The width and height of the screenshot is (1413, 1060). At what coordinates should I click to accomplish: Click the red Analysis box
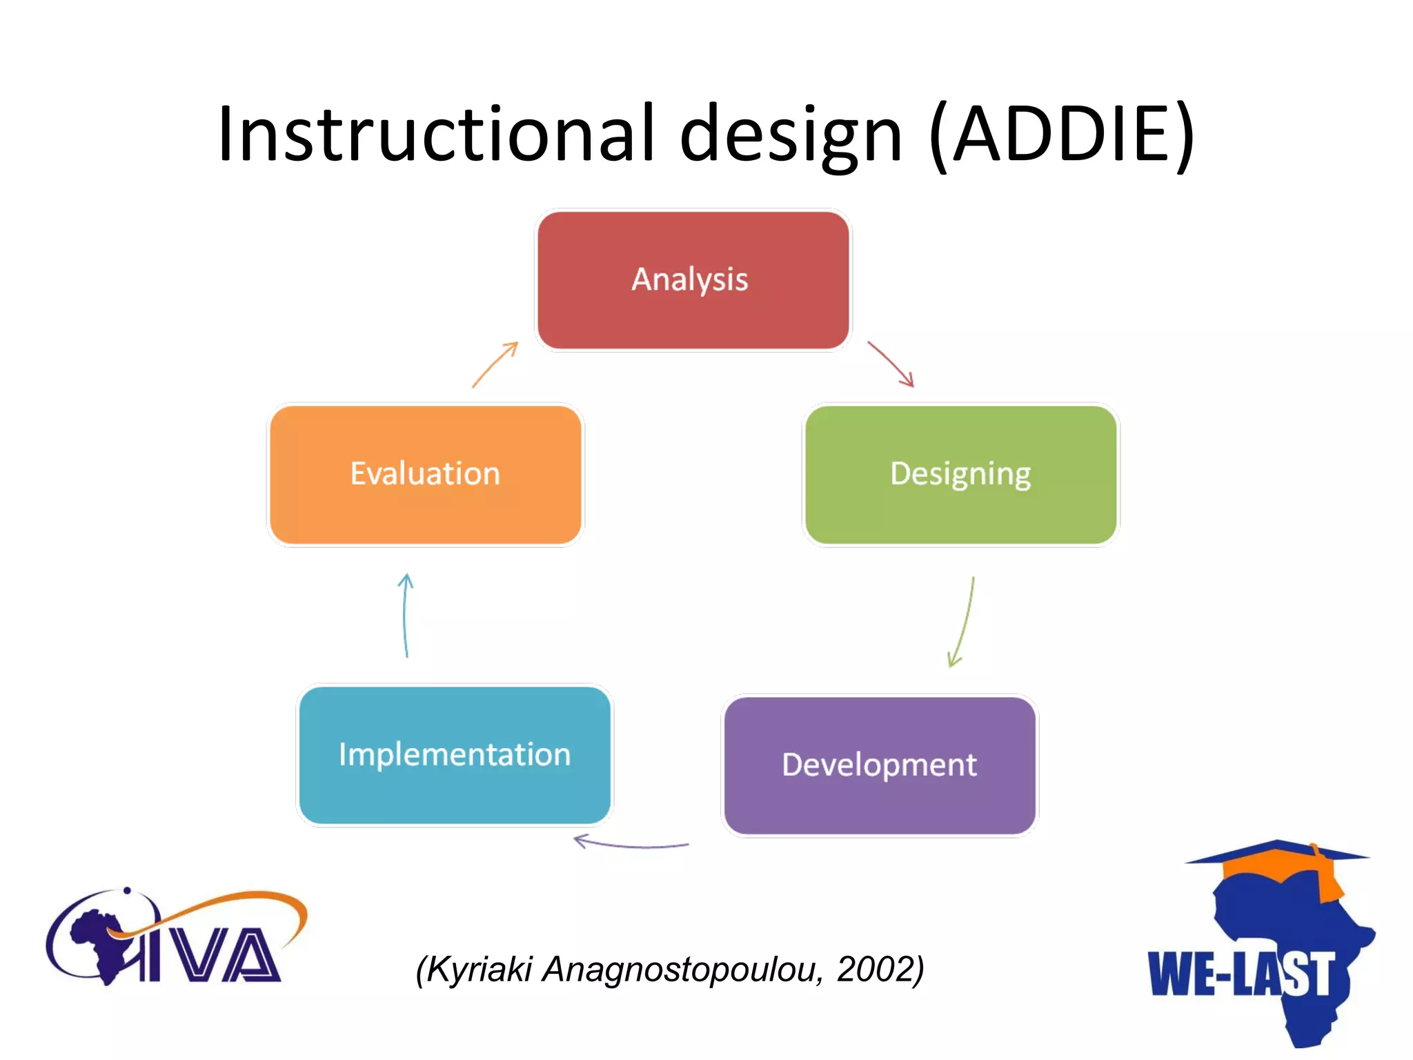pyautogui.click(x=693, y=279)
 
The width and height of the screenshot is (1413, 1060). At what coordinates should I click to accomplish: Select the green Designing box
pyautogui.click(x=960, y=474)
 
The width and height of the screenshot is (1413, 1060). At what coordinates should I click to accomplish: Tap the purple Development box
pyautogui.click(x=879, y=765)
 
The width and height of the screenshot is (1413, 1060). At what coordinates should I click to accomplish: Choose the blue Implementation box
pyautogui.click(x=455, y=754)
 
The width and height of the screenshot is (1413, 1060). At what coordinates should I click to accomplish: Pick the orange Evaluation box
pyautogui.click(x=425, y=474)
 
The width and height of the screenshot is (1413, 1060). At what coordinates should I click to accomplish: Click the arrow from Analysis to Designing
pyautogui.click(x=891, y=364)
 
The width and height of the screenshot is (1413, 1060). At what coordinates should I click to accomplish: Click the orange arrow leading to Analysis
pyautogui.click(x=495, y=364)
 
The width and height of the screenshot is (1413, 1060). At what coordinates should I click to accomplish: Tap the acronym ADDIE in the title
pyautogui.click(x=1063, y=135)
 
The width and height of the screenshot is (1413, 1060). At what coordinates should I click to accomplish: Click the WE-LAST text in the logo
pyautogui.click(x=1240, y=974)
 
